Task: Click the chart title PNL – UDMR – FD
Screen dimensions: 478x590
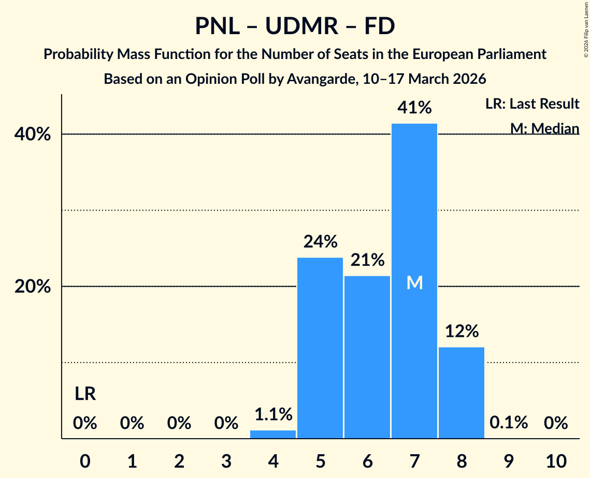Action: pos(295,26)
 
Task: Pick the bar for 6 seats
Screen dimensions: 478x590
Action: pos(367,357)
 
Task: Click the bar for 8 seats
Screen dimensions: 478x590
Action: pos(462,393)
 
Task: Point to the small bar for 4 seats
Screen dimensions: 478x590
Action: pos(273,435)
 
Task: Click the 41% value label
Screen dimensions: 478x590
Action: pos(414,108)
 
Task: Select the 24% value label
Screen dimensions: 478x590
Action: pos(320,242)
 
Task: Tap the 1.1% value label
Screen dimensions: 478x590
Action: pos(273,414)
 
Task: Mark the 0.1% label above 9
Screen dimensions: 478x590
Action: pos(509,423)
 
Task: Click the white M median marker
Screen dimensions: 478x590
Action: pos(414,282)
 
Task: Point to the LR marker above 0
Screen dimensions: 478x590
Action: pos(85,394)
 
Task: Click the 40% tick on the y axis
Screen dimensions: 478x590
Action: pos(33,135)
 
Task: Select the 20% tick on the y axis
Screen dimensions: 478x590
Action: pos(33,287)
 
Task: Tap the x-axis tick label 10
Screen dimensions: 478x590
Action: pos(556,460)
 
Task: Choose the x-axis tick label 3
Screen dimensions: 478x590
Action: pos(226,460)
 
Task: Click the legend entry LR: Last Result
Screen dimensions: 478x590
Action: pos(532,104)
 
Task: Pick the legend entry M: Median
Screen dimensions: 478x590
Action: pos(544,128)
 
